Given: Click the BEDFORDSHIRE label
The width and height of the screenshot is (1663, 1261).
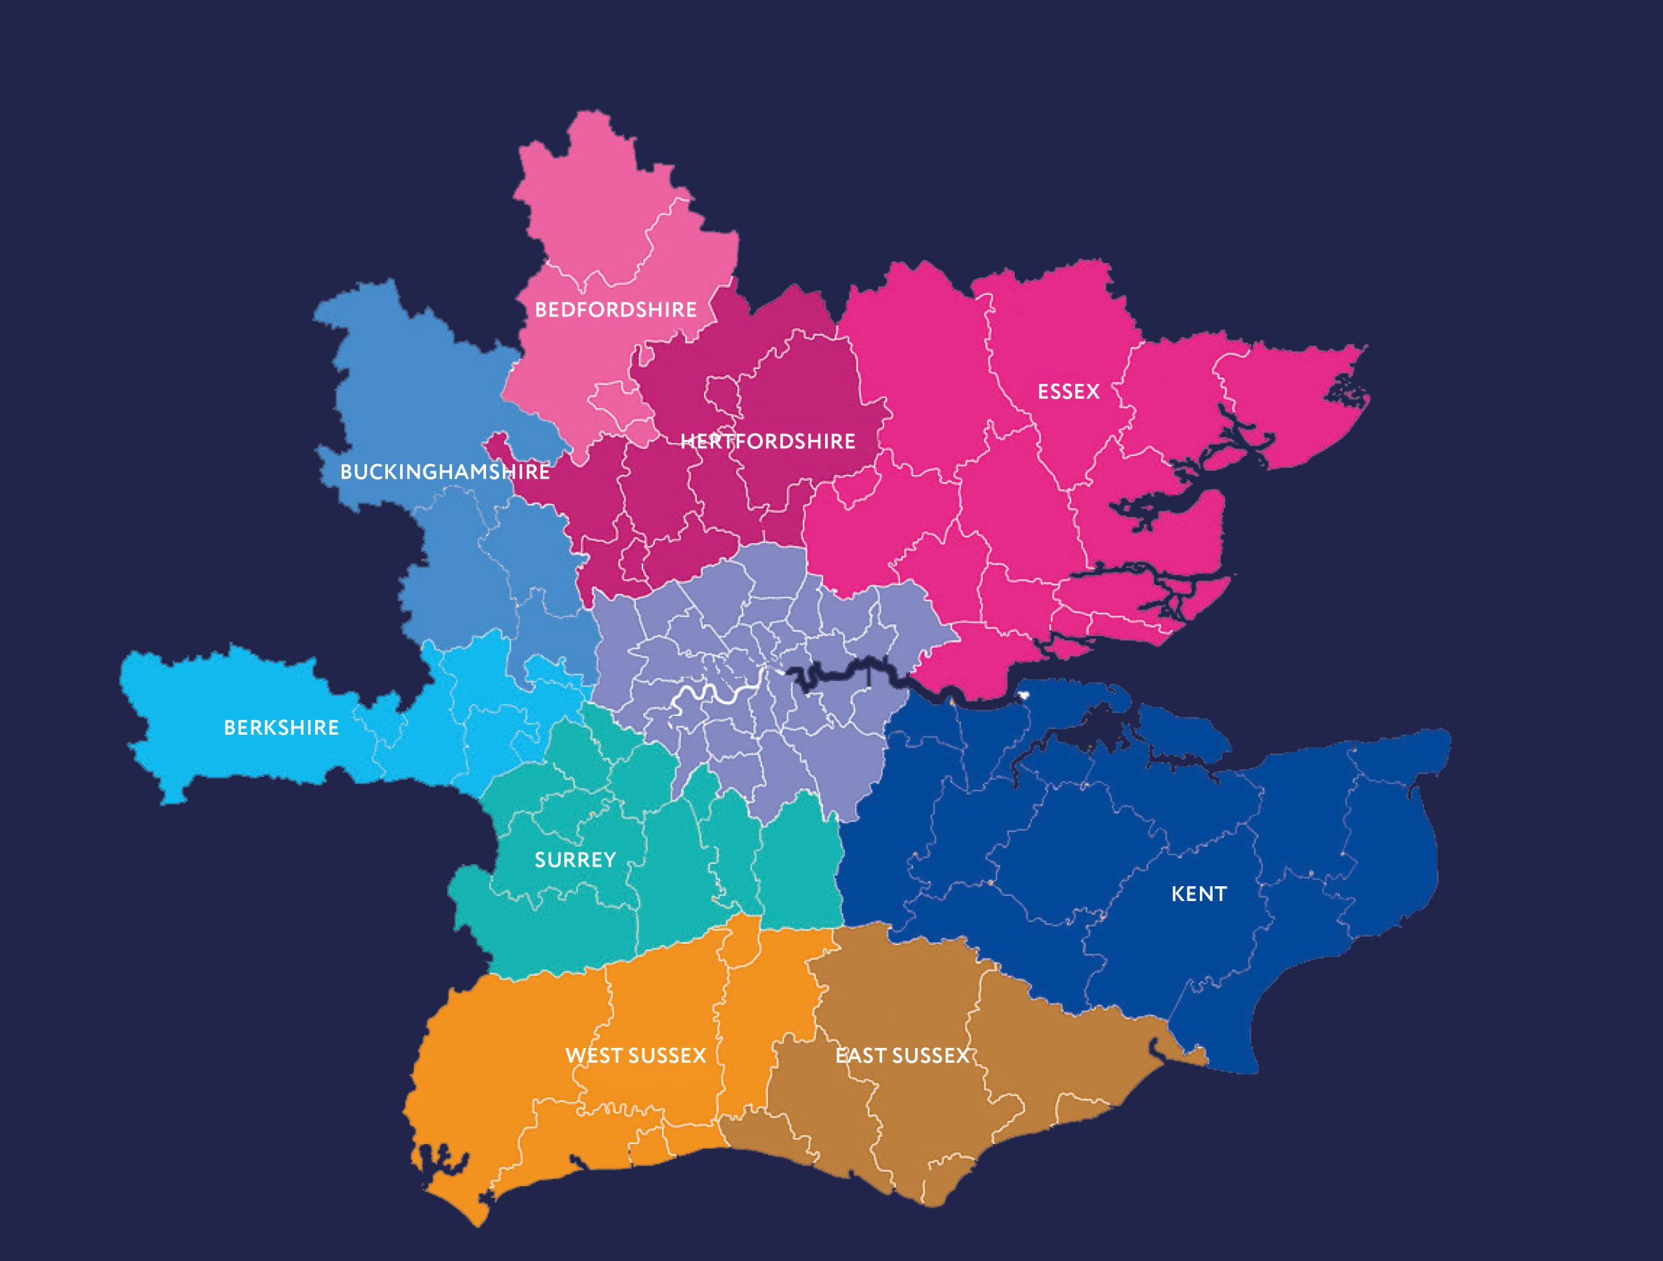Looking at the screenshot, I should (615, 310).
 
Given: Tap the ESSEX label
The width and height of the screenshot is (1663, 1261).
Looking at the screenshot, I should (1069, 392).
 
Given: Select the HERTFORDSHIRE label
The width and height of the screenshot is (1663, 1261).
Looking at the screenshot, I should (768, 441).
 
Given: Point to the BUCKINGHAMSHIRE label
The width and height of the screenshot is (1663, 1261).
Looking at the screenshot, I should (444, 472).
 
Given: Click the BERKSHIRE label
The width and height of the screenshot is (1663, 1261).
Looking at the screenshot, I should (281, 728).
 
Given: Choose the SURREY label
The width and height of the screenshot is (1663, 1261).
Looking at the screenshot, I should (575, 860).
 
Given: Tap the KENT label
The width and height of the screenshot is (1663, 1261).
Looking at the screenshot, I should (1199, 894).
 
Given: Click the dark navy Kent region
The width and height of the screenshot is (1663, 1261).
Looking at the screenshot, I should (1090, 865).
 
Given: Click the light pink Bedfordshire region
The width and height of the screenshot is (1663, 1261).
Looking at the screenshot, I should (602, 225).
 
